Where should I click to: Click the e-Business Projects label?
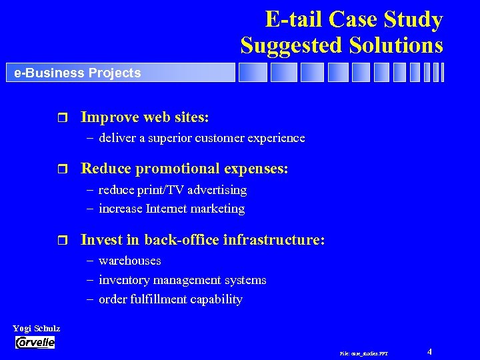click(x=77, y=73)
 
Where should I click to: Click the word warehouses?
click(x=129, y=261)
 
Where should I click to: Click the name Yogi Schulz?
click(x=37, y=328)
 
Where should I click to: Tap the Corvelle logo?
click(x=35, y=343)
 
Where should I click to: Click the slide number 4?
click(x=430, y=351)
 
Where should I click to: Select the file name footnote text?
click(x=363, y=353)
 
